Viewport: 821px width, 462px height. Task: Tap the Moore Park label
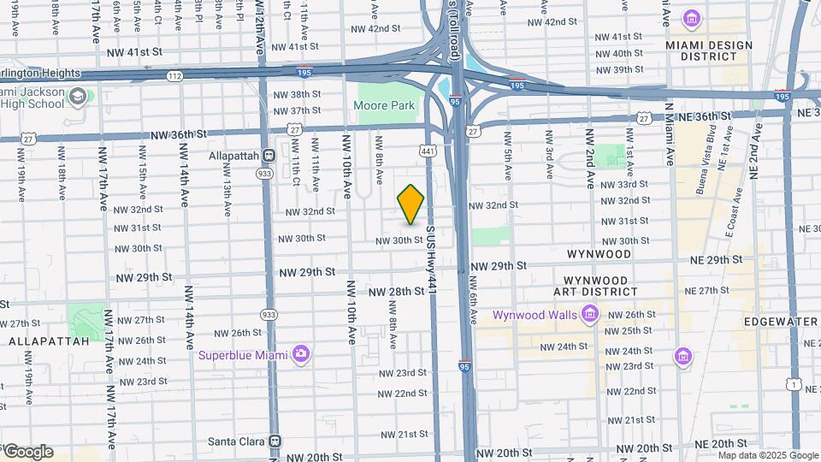pyautogui.click(x=385, y=106)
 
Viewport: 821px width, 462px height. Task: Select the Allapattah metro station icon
pyautogui.click(x=268, y=156)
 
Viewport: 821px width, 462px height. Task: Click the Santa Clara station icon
pyautogui.click(x=275, y=441)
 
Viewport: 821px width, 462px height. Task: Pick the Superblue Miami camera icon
pyautogui.click(x=300, y=354)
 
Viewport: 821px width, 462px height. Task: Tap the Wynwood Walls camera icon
pyautogui.click(x=589, y=316)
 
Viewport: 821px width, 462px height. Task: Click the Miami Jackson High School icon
pyautogui.click(x=78, y=96)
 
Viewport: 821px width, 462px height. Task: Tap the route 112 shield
pyautogui.click(x=174, y=76)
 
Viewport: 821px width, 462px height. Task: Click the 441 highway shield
pyautogui.click(x=426, y=151)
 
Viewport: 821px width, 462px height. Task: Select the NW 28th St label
pyautogui.click(x=397, y=292)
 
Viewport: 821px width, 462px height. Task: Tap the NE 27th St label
pyautogui.click(x=700, y=291)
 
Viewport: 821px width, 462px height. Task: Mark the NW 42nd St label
pyautogui.click(x=375, y=28)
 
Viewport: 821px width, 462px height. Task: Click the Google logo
pyautogui.click(x=27, y=452)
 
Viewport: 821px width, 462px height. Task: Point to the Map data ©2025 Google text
pyautogui.click(x=767, y=455)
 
